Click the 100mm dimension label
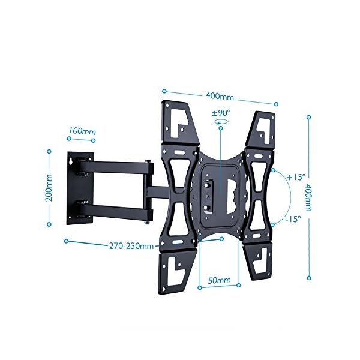[82, 131]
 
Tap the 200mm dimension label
[49, 188]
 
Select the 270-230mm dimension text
[131, 246]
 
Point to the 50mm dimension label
[219, 280]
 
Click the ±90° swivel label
[221, 113]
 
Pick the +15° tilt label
[296, 177]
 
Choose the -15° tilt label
[293, 219]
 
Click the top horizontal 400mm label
[220, 96]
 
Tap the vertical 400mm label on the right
[308, 197]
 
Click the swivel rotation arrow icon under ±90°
[221, 121]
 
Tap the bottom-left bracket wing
[177, 271]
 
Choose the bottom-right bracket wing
[257, 261]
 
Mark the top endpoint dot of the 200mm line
[49, 152]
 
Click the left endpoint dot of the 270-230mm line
[67, 241]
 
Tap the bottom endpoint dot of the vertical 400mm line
[309, 278]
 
